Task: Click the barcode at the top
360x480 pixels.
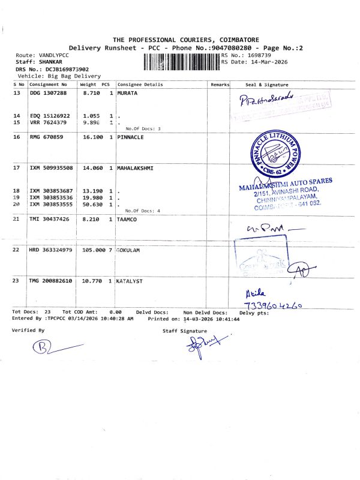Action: pos(182,61)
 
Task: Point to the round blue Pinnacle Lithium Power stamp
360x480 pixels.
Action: pos(273,152)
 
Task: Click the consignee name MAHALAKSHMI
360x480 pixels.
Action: pos(136,168)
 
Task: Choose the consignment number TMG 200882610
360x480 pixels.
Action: pos(51,280)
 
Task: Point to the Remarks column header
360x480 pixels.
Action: pos(220,85)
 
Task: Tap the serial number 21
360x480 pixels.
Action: pos(17,220)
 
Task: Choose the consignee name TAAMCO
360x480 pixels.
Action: pos(128,220)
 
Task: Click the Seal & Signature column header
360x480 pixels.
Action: pos(267,85)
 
